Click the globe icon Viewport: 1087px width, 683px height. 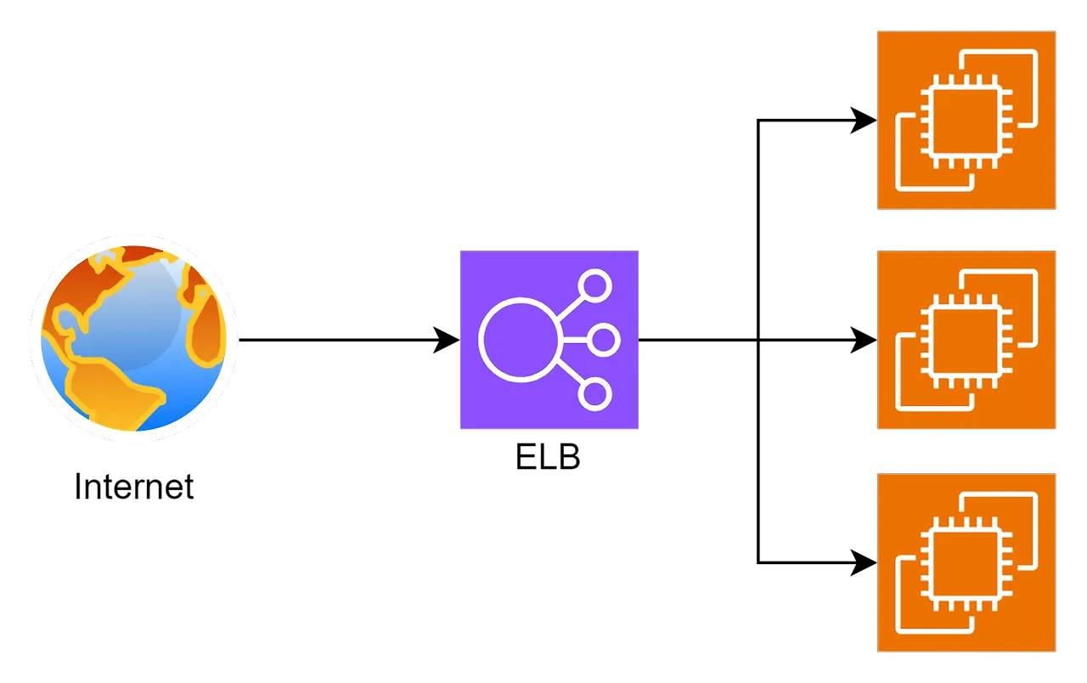(x=133, y=338)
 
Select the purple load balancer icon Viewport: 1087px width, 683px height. (x=549, y=340)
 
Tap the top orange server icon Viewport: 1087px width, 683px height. (x=966, y=120)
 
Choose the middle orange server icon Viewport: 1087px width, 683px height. (x=966, y=340)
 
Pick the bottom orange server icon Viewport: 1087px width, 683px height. (x=966, y=562)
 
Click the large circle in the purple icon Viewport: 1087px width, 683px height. (x=518, y=340)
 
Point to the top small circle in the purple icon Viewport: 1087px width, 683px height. (x=595, y=286)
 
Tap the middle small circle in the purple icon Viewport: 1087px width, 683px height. (x=604, y=340)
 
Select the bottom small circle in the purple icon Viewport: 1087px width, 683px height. (x=595, y=394)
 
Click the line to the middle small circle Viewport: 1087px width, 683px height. (x=573, y=340)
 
